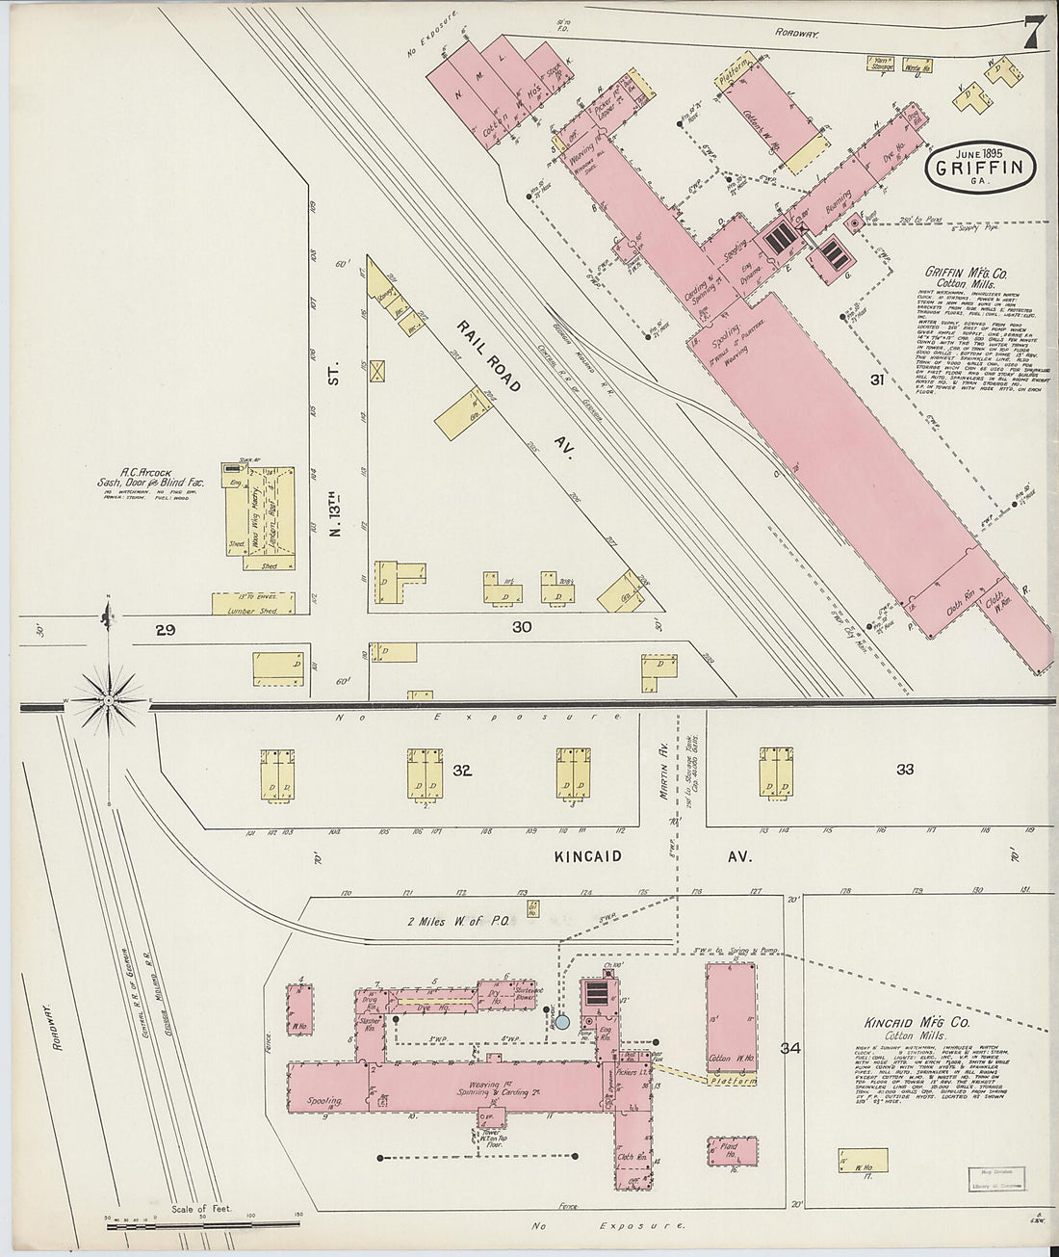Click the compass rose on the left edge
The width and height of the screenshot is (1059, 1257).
(x=110, y=694)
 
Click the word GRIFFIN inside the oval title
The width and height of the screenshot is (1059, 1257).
(x=983, y=168)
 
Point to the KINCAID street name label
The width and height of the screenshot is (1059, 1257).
(x=587, y=856)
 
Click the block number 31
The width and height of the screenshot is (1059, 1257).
(x=877, y=380)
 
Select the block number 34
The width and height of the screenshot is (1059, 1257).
(x=791, y=1048)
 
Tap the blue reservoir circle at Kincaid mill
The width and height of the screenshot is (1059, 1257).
(x=562, y=1021)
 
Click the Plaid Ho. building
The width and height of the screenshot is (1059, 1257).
(x=733, y=1151)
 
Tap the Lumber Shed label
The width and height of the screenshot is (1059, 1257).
(x=251, y=611)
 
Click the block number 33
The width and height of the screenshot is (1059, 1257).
(x=904, y=769)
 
